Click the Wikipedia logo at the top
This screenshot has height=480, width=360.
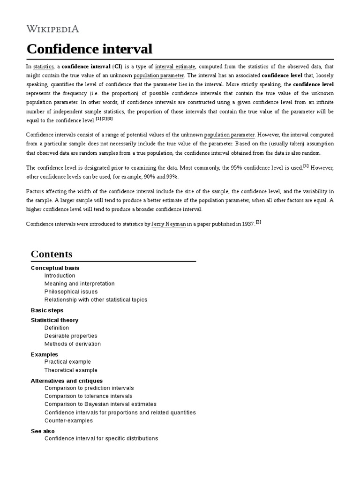pos(52,29)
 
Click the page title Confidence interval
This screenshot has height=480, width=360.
pos(90,49)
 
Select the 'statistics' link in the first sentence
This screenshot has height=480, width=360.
pos(43,67)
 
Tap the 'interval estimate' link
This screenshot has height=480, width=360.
pos(175,67)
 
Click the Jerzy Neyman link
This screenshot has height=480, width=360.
pos(169,225)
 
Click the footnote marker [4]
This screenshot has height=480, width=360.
pos(306,165)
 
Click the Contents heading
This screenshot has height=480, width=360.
pos(52,254)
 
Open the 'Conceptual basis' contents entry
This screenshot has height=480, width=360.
pos(55,268)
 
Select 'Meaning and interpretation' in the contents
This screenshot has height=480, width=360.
pos(79,284)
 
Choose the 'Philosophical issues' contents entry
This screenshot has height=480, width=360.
pos(71,292)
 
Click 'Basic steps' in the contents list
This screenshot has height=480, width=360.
pos(47,310)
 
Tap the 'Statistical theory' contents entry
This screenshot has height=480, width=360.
pos(54,320)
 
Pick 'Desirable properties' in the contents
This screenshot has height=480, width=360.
pos(71,336)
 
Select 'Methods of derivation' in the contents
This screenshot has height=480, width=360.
pos(72,344)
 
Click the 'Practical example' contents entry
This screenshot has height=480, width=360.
pos(67,362)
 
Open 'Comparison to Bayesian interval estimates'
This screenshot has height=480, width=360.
pos(100,404)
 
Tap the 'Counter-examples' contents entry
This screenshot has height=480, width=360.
pos(68,420)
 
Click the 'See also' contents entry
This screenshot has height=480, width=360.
pos(43,431)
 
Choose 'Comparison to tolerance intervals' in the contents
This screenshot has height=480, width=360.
pos(89,396)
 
